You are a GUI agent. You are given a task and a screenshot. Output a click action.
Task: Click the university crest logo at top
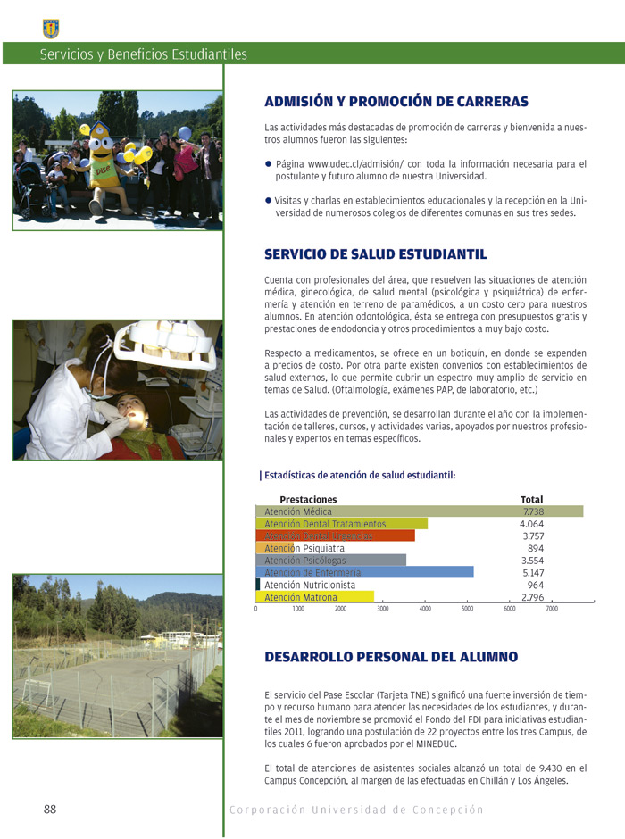[x=51, y=29]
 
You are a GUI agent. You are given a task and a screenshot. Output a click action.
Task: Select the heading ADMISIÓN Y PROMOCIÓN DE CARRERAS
[x=396, y=102]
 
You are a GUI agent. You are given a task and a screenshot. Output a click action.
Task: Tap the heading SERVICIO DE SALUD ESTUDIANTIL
[x=375, y=254]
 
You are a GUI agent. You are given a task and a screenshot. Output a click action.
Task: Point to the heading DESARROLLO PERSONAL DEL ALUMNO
[x=391, y=657]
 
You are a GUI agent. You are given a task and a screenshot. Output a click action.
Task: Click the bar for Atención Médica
[x=419, y=511]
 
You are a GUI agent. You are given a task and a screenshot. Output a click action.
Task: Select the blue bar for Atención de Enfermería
[x=364, y=572]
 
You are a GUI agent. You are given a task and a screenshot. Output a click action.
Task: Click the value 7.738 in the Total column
[x=533, y=511]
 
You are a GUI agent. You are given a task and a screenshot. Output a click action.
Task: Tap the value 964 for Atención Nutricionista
[x=536, y=585]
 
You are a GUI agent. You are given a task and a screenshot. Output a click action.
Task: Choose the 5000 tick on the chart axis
[x=467, y=610]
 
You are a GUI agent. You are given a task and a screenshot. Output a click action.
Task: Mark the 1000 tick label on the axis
[x=298, y=610]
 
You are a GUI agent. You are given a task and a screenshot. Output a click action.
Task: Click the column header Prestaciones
[x=308, y=499]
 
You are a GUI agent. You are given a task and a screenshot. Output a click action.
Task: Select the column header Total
[x=531, y=499]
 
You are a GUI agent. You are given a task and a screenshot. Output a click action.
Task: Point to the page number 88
[x=50, y=810]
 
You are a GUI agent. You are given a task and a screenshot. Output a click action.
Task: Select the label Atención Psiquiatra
[x=304, y=548]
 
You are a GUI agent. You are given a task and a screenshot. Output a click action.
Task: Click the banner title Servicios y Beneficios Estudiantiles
[x=143, y=54]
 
